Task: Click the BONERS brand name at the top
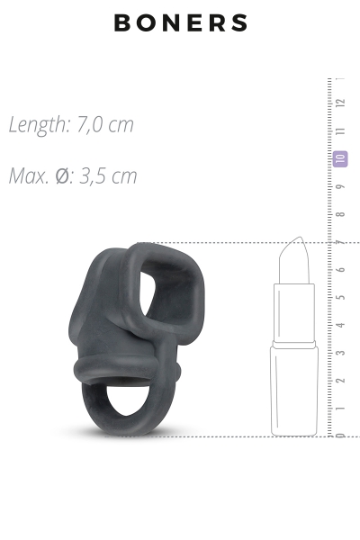click(181, 23)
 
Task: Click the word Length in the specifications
click(39, 124)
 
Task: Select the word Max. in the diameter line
click(29, 176)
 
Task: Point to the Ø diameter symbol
click(63, 176)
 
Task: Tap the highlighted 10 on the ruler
click(340, 158)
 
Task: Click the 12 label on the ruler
click(340, 103)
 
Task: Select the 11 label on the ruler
click(340, 131)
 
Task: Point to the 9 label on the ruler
click(340, 186)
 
